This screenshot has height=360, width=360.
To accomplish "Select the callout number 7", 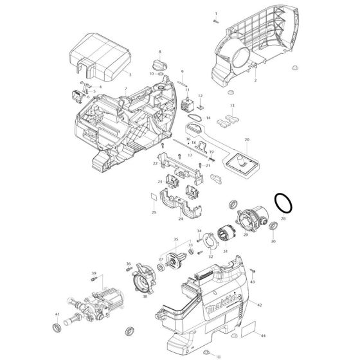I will (125, 89).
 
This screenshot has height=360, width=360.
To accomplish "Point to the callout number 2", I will (255, 81).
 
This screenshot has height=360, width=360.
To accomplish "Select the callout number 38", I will (145, 296).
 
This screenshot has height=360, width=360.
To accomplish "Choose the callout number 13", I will (232, 105).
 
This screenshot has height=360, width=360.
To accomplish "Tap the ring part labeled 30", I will (273, 226).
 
